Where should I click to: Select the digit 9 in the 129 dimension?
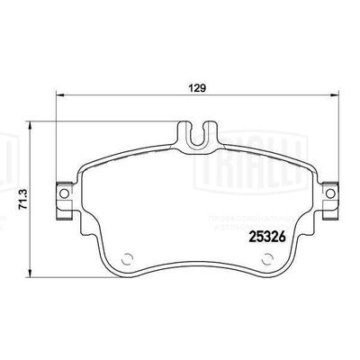tap(204, 88)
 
